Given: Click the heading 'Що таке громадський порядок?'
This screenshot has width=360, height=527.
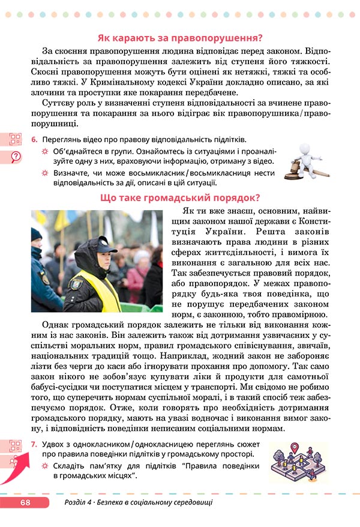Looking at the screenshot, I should click(x=180, y=197).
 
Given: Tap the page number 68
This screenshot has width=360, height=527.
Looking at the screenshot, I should click(x=25, y=502).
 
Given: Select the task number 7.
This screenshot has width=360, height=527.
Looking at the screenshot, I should click(x=34, y=444).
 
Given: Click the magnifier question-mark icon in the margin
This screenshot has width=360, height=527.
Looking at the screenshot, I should click(x=15, y=157).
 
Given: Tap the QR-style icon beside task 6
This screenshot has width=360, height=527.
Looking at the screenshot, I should click(x=15, y=140).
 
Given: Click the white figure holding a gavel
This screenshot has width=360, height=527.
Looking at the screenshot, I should click(x=305, y=159).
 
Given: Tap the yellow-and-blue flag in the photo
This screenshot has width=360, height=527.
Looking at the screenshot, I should click(x=60, y=223).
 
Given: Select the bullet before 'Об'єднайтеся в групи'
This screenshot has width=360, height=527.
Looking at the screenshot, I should click(x=44, y=151).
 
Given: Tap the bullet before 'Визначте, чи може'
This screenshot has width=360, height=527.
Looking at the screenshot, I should click(x=44, y=173).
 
